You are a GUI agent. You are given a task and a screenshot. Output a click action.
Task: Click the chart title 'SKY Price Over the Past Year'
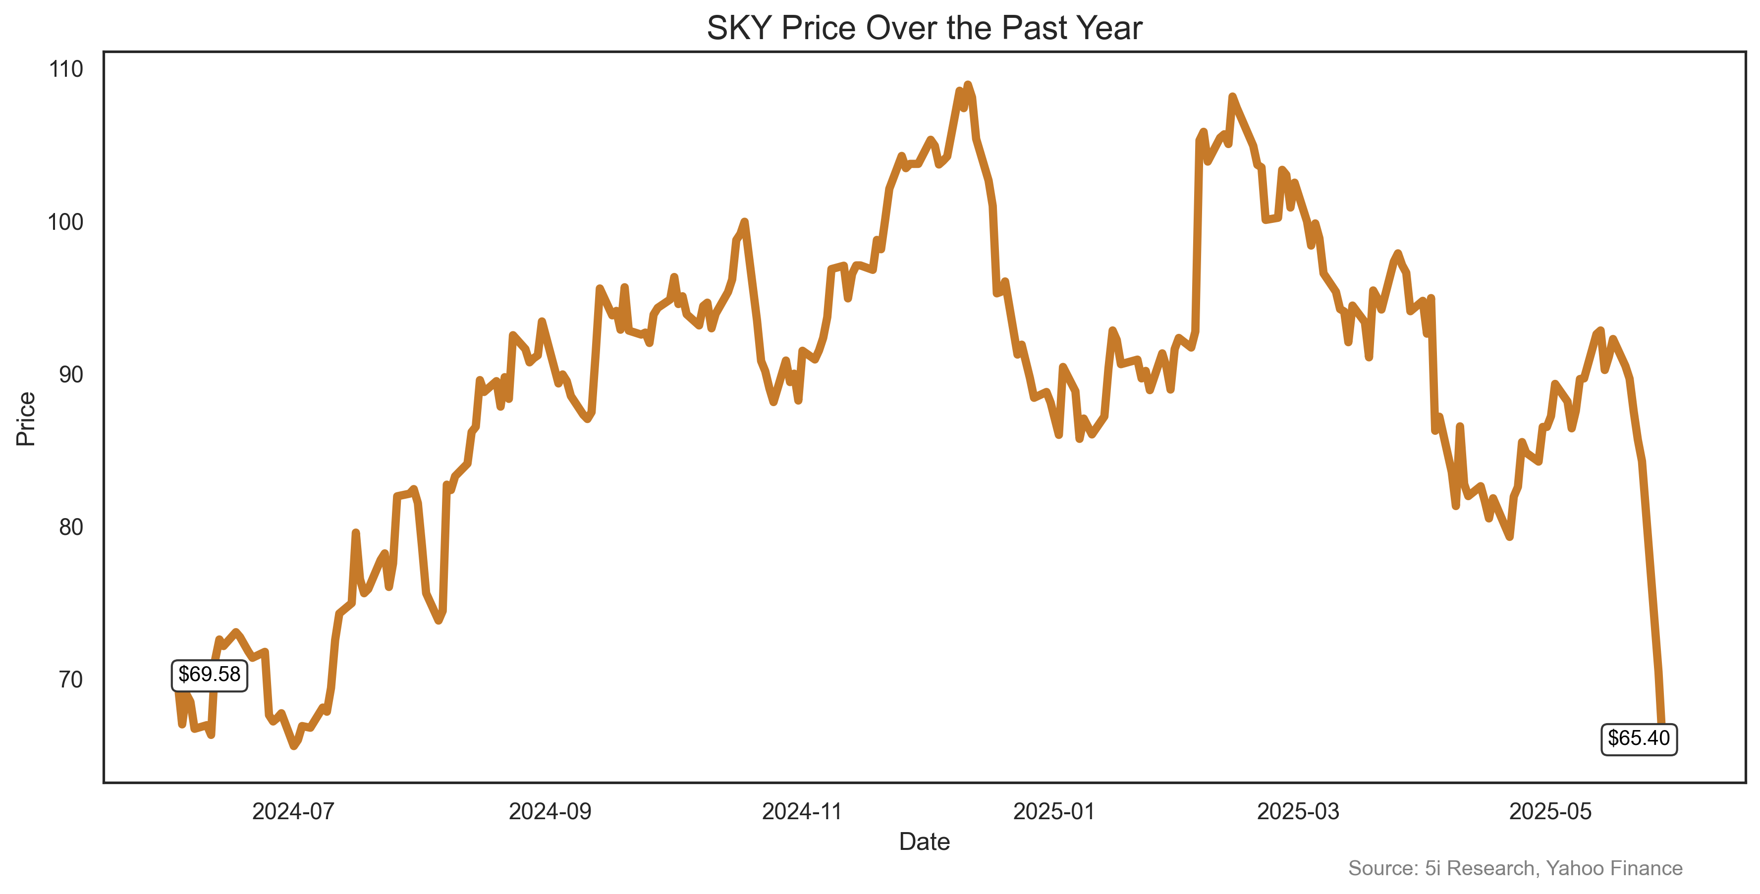click(924, 29)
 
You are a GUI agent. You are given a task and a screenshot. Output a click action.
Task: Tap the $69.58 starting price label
click(209, 675)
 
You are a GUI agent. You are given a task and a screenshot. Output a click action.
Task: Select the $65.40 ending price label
click(1639, 738)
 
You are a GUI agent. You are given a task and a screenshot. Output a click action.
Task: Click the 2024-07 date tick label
click(293, 811)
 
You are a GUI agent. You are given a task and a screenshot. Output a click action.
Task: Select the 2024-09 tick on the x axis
click(550, 811)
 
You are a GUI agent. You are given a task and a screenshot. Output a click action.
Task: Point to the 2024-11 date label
click(802, 811)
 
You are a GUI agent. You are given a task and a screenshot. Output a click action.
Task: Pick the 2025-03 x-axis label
click(1298, 811)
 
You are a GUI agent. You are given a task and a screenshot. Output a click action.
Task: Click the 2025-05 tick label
click(1550, 811)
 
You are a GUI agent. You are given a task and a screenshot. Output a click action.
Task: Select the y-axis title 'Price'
click(26, 419)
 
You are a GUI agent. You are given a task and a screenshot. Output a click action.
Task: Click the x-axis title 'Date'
click(924, 841)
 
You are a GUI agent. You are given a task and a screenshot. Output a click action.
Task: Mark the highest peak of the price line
click(967, 85)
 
